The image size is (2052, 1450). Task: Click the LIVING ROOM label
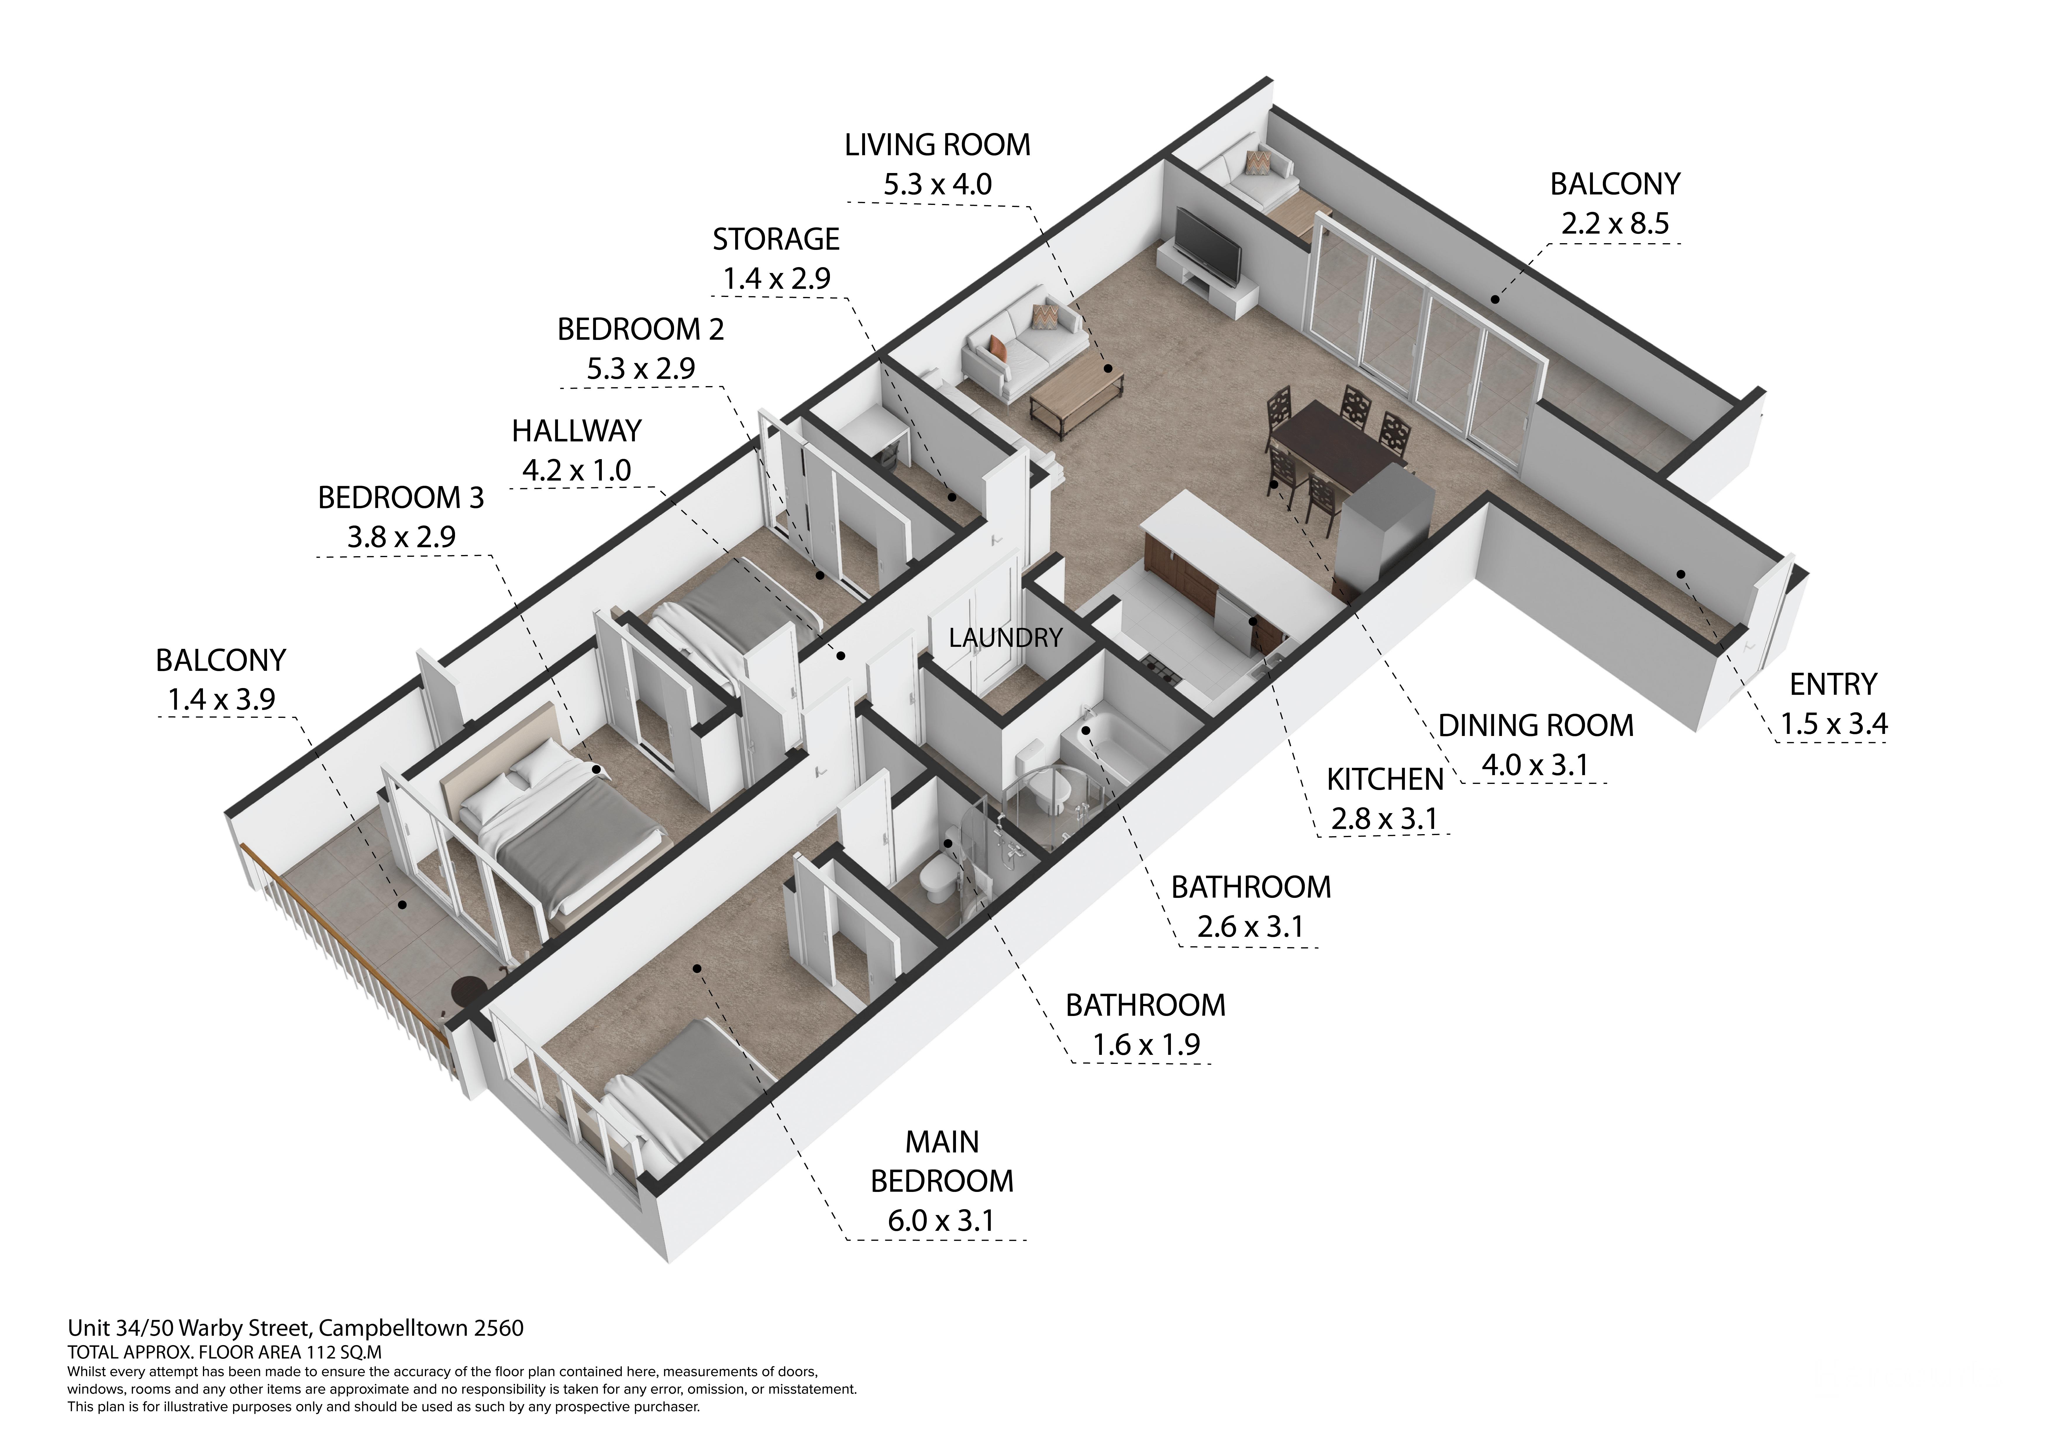[938, 145]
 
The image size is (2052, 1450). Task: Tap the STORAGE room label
[776, 239]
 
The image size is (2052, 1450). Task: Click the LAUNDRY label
[1005, 638]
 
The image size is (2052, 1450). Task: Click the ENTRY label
[1833, 684]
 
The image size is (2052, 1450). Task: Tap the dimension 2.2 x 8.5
[1615, 223]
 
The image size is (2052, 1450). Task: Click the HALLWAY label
[576, 431]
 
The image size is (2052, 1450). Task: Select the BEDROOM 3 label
[400, 498]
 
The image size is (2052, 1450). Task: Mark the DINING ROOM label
[1536, 725]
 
